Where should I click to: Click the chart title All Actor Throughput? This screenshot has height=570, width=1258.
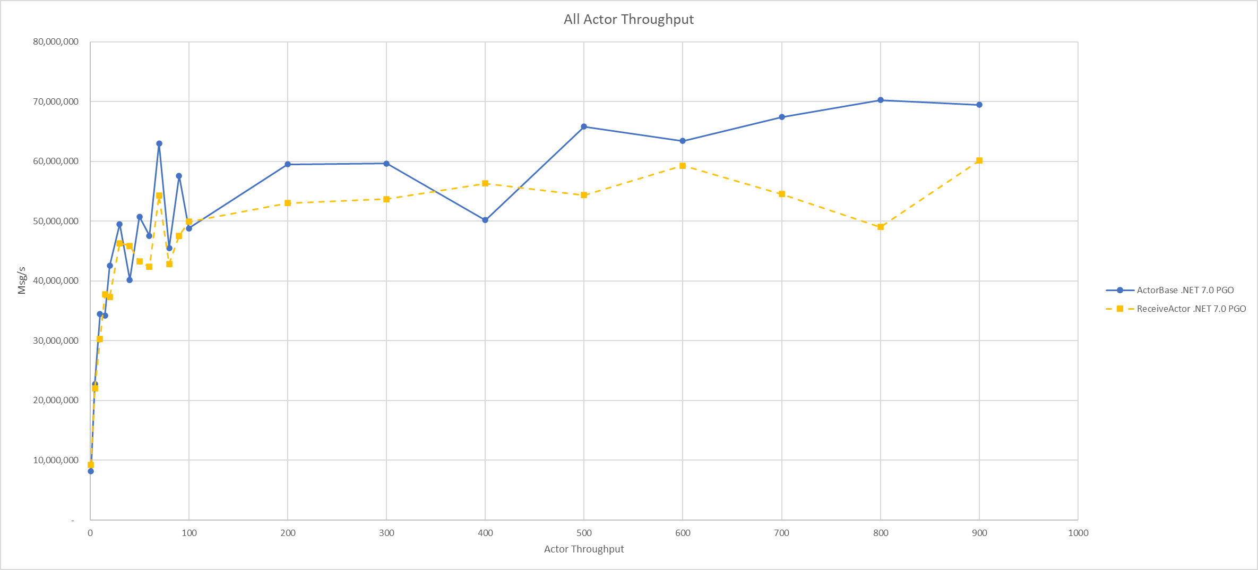click(x=628, y=20)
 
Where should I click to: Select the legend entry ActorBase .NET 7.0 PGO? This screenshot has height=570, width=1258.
click(x=1185, y=290)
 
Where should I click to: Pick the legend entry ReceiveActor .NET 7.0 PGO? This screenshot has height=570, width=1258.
click(x=1191, y=309)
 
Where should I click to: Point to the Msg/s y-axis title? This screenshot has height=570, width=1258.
click(x=22, y=280)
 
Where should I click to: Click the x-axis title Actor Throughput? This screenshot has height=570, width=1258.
click(x=584, y=549)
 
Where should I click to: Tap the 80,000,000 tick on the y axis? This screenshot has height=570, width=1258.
click(x=56, y=42)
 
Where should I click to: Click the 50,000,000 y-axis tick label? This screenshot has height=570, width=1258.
click(x=56, y=221)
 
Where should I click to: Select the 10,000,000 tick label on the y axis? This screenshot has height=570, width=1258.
click(x=56, y=460)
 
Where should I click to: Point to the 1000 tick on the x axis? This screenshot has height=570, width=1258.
click(x=1078, y=533)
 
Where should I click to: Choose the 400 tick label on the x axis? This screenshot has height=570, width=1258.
click(x=485, y=533)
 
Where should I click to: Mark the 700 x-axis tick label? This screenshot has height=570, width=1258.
click(x=782, y=533)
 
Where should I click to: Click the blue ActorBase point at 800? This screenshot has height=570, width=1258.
click(x=881, y=100)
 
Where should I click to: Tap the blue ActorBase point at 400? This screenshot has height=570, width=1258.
click(x=485, y=220)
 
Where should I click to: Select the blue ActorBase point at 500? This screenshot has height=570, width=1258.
click(x=584, y=126)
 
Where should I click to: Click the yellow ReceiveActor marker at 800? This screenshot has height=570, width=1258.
click(x=881, y=227)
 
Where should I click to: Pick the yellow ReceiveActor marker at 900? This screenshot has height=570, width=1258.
click(x=979, y=160)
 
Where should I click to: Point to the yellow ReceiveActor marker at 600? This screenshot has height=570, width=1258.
click(x=683, y=166)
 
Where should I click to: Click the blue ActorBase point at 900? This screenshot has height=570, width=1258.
click(x=979, y=105)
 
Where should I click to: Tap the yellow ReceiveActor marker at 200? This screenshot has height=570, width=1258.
click(x=288, y=203)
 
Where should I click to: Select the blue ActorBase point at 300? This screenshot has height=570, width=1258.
click(x=386, y=164)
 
